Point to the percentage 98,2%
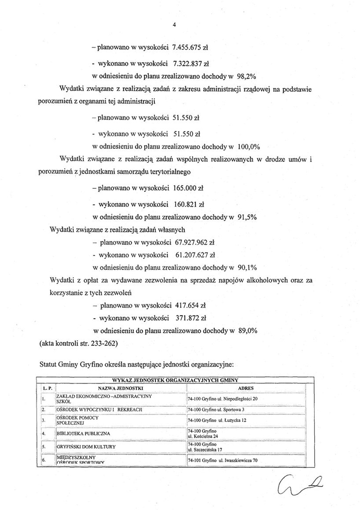point(245,77)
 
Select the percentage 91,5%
point(246,217)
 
